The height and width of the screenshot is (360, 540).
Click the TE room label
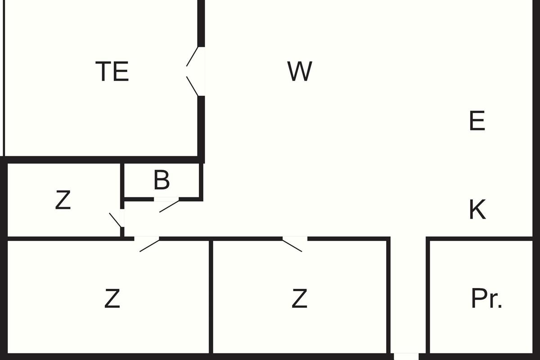click(112, 72)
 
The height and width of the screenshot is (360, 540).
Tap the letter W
click(300, 72)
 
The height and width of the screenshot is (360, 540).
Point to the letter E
click(477, 121)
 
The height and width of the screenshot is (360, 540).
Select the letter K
click(477, 210)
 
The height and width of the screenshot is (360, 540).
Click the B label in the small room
click(162, 180)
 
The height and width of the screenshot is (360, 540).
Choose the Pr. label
click(486, 298)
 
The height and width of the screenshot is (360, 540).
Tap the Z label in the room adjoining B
click(63, 201)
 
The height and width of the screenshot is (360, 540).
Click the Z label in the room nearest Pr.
click(300, 298)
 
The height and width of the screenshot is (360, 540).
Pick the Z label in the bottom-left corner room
click(112, 298)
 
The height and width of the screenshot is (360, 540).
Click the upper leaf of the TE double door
click(192, 56)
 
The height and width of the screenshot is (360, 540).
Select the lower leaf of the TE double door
click(192, 86)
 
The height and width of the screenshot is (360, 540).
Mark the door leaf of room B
click(169, 206)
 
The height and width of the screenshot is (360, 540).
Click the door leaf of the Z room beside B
click(115, 220)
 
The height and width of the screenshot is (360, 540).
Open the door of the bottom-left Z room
click(149, 245)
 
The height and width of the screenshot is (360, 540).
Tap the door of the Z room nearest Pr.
click(292, 245)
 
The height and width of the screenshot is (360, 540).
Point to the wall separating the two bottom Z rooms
click(211, 297)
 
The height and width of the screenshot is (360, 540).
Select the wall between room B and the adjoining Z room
click(122, 180)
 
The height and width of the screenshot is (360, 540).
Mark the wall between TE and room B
click(162, 160)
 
